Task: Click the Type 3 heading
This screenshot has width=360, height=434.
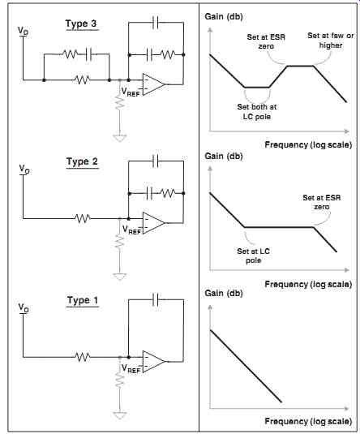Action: [81, 24]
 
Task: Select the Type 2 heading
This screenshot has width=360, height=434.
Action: [82, 161]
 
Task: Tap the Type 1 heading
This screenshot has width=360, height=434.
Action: [83, 300]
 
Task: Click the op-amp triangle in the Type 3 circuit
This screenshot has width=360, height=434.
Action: [154, 84]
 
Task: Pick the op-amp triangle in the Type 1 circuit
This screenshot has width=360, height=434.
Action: [154, 362]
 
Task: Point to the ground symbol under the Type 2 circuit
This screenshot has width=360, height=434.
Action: [119, 277]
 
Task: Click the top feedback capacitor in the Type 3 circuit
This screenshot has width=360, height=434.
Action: [156, 23]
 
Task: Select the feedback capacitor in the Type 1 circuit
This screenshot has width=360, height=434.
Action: [156, 300]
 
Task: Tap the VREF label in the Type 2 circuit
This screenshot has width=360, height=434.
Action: [131, 230]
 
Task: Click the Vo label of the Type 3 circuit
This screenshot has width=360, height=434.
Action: [23, 31]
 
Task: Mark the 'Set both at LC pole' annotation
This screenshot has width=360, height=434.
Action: [257, 112]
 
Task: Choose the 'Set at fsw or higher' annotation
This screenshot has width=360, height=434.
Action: [331, 41]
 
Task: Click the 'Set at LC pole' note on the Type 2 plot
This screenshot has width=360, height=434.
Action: [253, 256]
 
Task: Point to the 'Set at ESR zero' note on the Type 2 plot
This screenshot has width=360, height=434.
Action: [322, 202]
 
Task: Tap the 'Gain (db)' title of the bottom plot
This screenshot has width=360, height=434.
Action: [224, 293]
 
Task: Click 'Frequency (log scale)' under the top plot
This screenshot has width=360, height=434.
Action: [308, 144]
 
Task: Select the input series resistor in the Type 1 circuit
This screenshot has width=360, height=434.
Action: [83, 357]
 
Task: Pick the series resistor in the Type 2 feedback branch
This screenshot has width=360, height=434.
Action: [168, 193]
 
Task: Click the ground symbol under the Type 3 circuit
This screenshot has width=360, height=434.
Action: [119, 138]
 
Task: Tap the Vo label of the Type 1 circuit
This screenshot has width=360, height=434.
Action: [24, 307]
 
